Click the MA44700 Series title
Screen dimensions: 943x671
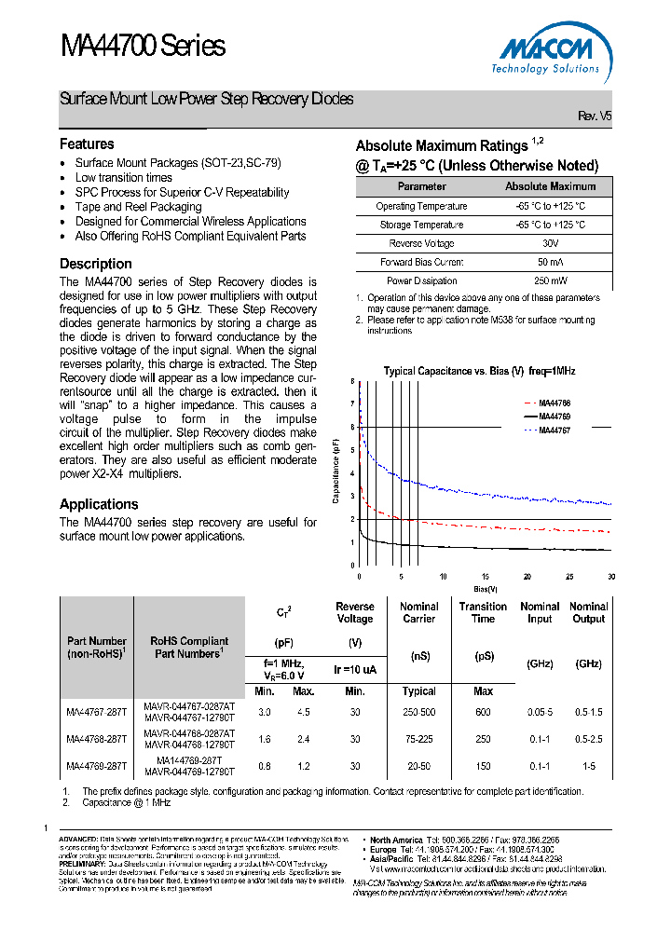pos(143,46)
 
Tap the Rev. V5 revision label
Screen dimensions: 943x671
pos(595,116)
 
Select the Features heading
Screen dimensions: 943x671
pos(87,144)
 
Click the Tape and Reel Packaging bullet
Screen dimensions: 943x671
pos(138,207)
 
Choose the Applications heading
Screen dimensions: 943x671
pos(99,504)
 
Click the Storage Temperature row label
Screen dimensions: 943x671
pos(421,225)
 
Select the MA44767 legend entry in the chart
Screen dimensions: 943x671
pos(555,430)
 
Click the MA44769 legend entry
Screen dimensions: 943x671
pos(555,416)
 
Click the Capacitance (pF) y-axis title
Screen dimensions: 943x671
pos(336,473)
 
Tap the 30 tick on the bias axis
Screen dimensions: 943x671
pos(610,577)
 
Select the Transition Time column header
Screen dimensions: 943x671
pos(483,612)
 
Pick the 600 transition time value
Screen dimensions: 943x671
pos(483,713)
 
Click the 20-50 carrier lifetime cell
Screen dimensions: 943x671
pos(418,767)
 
